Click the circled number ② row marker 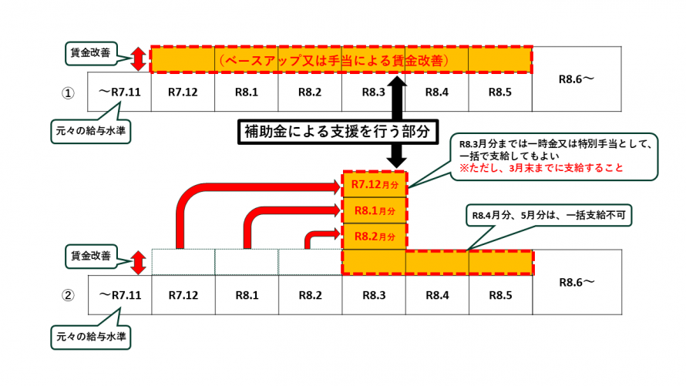coord(68,294)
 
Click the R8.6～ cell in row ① coord(577,79)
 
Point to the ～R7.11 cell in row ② coord(119,294)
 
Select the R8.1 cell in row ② coord(246,294)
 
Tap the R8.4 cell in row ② coord(436,294)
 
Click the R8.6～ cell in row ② coord(577,283)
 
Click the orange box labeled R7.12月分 coord(373,185)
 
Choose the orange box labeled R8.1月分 coord(373,210)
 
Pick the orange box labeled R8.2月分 coord(373,236)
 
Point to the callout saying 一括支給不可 coord(548,216)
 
